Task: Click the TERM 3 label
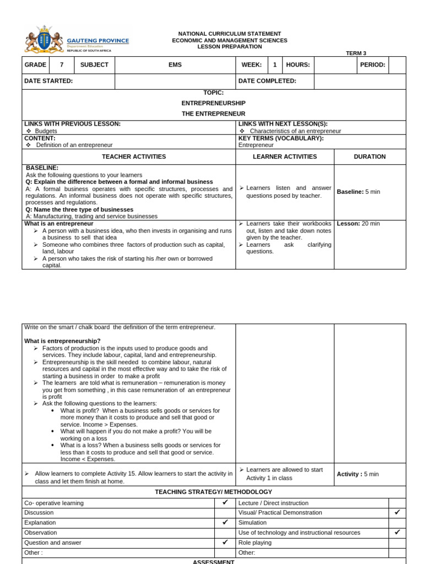point(356,53)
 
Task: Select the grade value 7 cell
point(62,65)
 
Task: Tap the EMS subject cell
point(175,65)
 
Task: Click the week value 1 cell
point(275,65)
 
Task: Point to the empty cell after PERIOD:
point(397,65)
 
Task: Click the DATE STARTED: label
point(48,81)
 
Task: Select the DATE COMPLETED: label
point(267,81)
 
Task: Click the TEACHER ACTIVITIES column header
point(134,156)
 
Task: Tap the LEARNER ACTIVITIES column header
point(285,156)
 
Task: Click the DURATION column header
point(370,156)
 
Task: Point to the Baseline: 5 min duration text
point(359,192)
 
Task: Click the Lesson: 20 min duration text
point(358,224)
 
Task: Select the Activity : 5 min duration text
point(357,474)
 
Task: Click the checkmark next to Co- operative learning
point(225,502)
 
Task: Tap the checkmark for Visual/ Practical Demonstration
point(397,512)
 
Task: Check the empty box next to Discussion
point(225,512)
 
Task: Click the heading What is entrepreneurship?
point(62,341)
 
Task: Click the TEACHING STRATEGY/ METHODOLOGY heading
point(213,492)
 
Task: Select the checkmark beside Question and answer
point(225,542)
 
